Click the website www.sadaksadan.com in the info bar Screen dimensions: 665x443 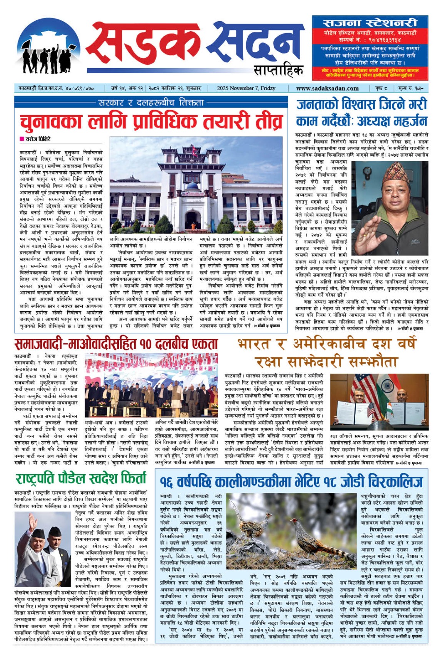pos(327,88)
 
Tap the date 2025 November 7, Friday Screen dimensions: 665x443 pos(246,88)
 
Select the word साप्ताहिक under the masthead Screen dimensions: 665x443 pos(278,71)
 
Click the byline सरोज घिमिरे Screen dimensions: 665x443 pos(37,139)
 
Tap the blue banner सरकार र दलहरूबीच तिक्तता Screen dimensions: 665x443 pos(151,102)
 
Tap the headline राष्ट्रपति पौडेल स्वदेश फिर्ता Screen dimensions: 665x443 pos(81,479)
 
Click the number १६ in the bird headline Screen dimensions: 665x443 pos(166,482)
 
